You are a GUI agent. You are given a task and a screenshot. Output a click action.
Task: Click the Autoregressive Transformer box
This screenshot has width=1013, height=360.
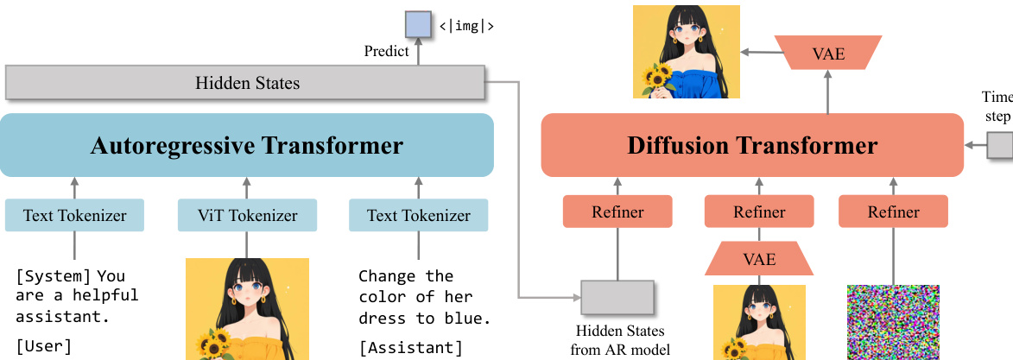(x=246, y=145)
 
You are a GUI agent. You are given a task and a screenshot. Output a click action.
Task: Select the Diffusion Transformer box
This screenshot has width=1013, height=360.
(x=751, y=145)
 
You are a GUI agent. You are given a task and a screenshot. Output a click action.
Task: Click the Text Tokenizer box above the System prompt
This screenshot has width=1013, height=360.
(x=73, y=216)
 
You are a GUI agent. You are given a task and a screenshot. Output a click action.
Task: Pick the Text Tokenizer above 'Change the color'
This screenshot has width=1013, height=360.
(x=418, y=216)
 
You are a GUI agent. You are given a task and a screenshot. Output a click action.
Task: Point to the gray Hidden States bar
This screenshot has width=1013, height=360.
(x=245, y=83)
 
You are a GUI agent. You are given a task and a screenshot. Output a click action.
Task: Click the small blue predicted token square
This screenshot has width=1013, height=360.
(x=418, y=23)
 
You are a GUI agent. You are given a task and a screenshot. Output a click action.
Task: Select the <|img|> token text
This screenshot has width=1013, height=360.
(x=466, y=25)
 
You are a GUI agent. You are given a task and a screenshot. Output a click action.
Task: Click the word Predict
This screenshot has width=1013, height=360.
(x=386, y=52)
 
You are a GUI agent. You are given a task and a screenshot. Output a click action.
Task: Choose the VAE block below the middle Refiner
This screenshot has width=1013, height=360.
(x=759, y=259)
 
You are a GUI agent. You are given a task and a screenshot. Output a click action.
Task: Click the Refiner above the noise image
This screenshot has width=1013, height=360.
(x=893, y=212)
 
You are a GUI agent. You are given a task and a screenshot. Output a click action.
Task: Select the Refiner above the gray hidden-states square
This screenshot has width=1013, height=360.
(x=617, y=212)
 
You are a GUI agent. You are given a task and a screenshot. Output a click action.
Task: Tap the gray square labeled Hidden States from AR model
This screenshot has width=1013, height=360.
(x=617, y=297)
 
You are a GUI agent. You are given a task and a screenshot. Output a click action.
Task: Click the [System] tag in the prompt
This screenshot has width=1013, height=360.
(x=54, y=276)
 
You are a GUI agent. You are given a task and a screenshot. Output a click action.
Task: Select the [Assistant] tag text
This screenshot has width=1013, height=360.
(x=410, y=348)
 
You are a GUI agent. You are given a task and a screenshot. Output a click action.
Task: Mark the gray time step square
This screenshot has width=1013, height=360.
(x=1000, y=145)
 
